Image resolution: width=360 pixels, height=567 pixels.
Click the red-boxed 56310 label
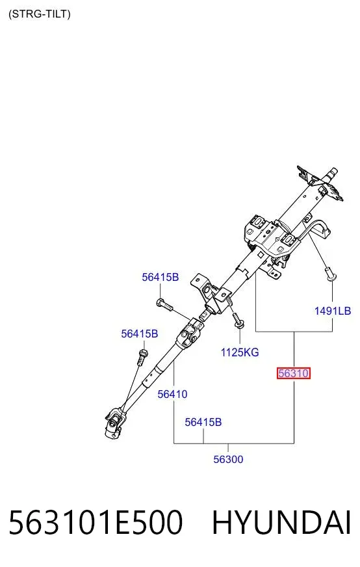[x=294, y=373]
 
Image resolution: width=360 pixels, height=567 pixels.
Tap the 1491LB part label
[x=333, y=311]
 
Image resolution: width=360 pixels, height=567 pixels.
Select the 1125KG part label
[x=240, y=352]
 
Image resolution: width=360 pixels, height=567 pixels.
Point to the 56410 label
[x=172, y=394]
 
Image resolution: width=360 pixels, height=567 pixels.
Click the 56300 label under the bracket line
[x=228, y=459]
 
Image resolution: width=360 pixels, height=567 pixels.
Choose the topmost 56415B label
[x=160, y=277]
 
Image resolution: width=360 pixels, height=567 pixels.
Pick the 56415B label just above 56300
[x=203, y=422]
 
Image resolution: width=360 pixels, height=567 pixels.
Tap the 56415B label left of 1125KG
[x=140, y=334]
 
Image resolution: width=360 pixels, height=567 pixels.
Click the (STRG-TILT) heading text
[x=40, y=14]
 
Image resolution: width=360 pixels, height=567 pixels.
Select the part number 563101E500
[x=96, y=522]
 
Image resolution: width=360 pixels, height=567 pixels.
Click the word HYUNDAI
[x=281, y=522]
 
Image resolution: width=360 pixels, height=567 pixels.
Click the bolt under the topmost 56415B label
[x=165, y=304]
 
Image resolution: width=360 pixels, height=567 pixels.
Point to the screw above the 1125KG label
[x=238, y=321]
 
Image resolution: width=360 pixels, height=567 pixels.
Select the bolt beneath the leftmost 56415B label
[x=142, y=356]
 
